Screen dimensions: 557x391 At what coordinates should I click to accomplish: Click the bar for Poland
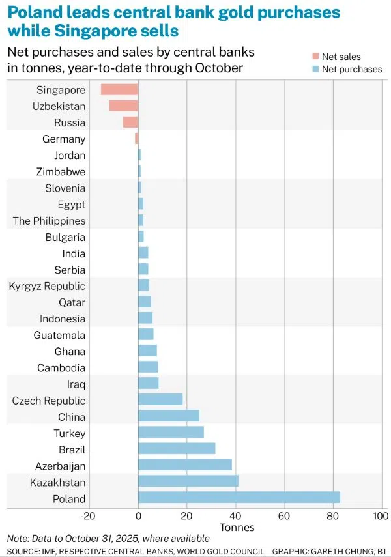239,498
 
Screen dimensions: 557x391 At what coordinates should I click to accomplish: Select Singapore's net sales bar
119,90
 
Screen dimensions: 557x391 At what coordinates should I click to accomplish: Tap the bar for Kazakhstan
188,482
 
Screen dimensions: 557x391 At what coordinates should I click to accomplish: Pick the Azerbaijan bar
185,466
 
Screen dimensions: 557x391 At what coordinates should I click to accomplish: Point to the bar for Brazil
177,450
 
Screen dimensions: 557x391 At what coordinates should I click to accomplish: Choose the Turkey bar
171,433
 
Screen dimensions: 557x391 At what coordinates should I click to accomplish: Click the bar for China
168,417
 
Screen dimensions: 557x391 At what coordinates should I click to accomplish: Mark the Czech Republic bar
160,400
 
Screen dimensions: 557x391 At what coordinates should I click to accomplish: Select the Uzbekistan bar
123,106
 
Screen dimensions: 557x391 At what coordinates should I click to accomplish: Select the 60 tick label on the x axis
283,516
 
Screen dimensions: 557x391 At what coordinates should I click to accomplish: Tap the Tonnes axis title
237,527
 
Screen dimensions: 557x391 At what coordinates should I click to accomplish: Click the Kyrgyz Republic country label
47,286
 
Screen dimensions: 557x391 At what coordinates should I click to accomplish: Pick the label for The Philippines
50,221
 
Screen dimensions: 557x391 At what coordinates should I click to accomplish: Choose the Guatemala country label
59,335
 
